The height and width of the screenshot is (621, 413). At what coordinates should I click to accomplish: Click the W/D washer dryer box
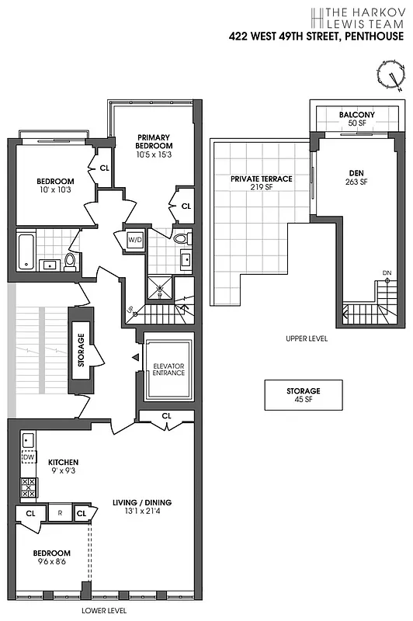[136, 240]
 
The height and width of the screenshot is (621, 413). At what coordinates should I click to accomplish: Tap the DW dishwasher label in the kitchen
[29, 457]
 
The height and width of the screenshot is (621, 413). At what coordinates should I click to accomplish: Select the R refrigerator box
[59, 513]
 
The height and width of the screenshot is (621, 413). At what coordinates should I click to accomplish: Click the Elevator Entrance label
[168, 369]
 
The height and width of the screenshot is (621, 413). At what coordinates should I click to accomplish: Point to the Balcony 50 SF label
[356, 119]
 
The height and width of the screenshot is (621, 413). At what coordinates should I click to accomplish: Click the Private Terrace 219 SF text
[261, 182]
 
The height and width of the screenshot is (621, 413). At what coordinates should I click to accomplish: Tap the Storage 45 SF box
[303, 395]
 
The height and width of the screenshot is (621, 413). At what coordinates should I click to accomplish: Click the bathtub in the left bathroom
[26, 251]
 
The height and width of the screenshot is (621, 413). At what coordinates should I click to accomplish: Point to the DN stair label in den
[387, 272]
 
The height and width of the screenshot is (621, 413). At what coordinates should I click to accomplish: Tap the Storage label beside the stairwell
[82, 349]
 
